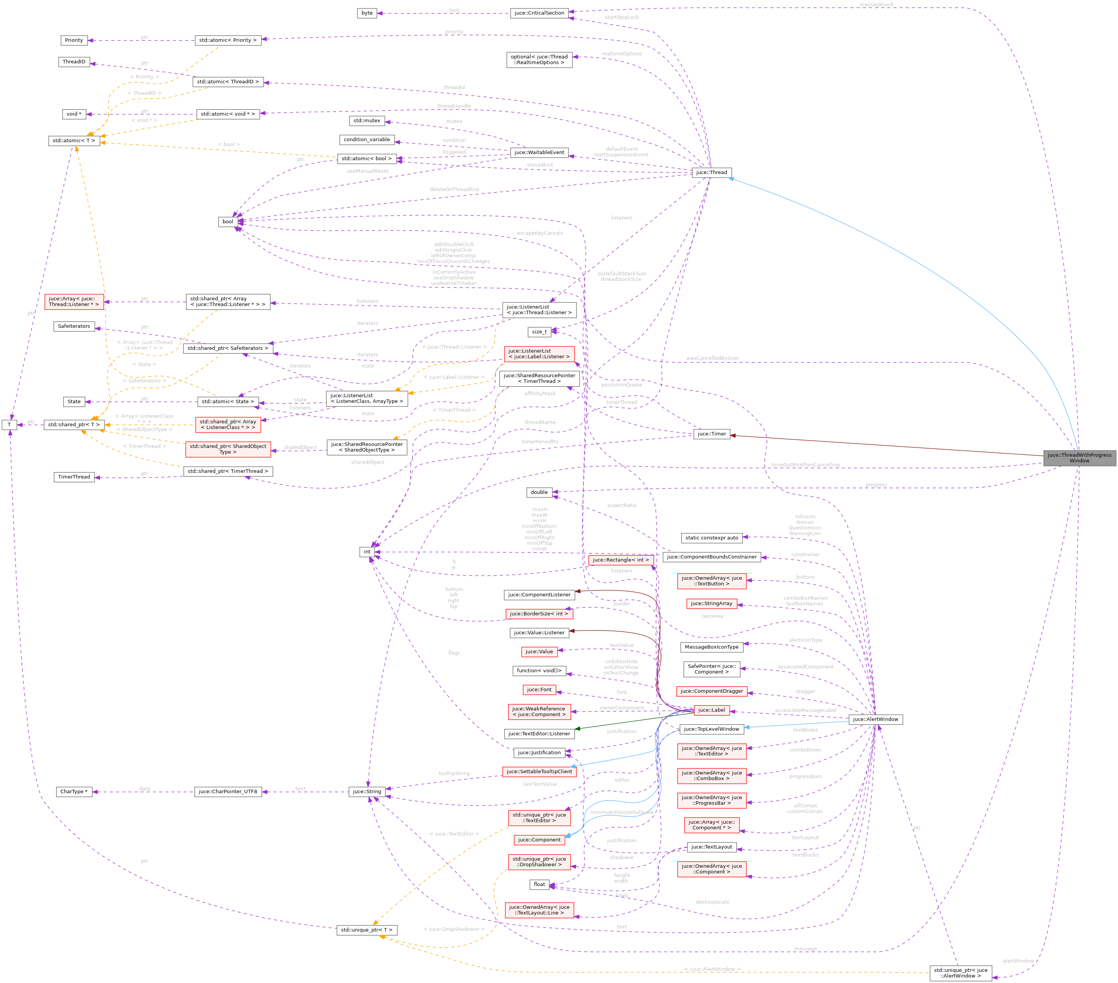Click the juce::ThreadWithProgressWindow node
(1079, 458)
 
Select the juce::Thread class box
(711, 172)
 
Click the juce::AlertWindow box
(875, 719)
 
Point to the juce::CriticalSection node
(539, 13)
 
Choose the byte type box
(367, 13)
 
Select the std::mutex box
(367, 121)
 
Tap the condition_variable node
(367, 140)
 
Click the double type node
(539, 492)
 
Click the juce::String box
(367, 792)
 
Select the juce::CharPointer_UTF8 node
(228, 792)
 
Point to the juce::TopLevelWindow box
(711, 729)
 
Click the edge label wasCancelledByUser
(712, 358)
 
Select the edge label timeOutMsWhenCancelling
(805, 465)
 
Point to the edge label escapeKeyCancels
(540, 233)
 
